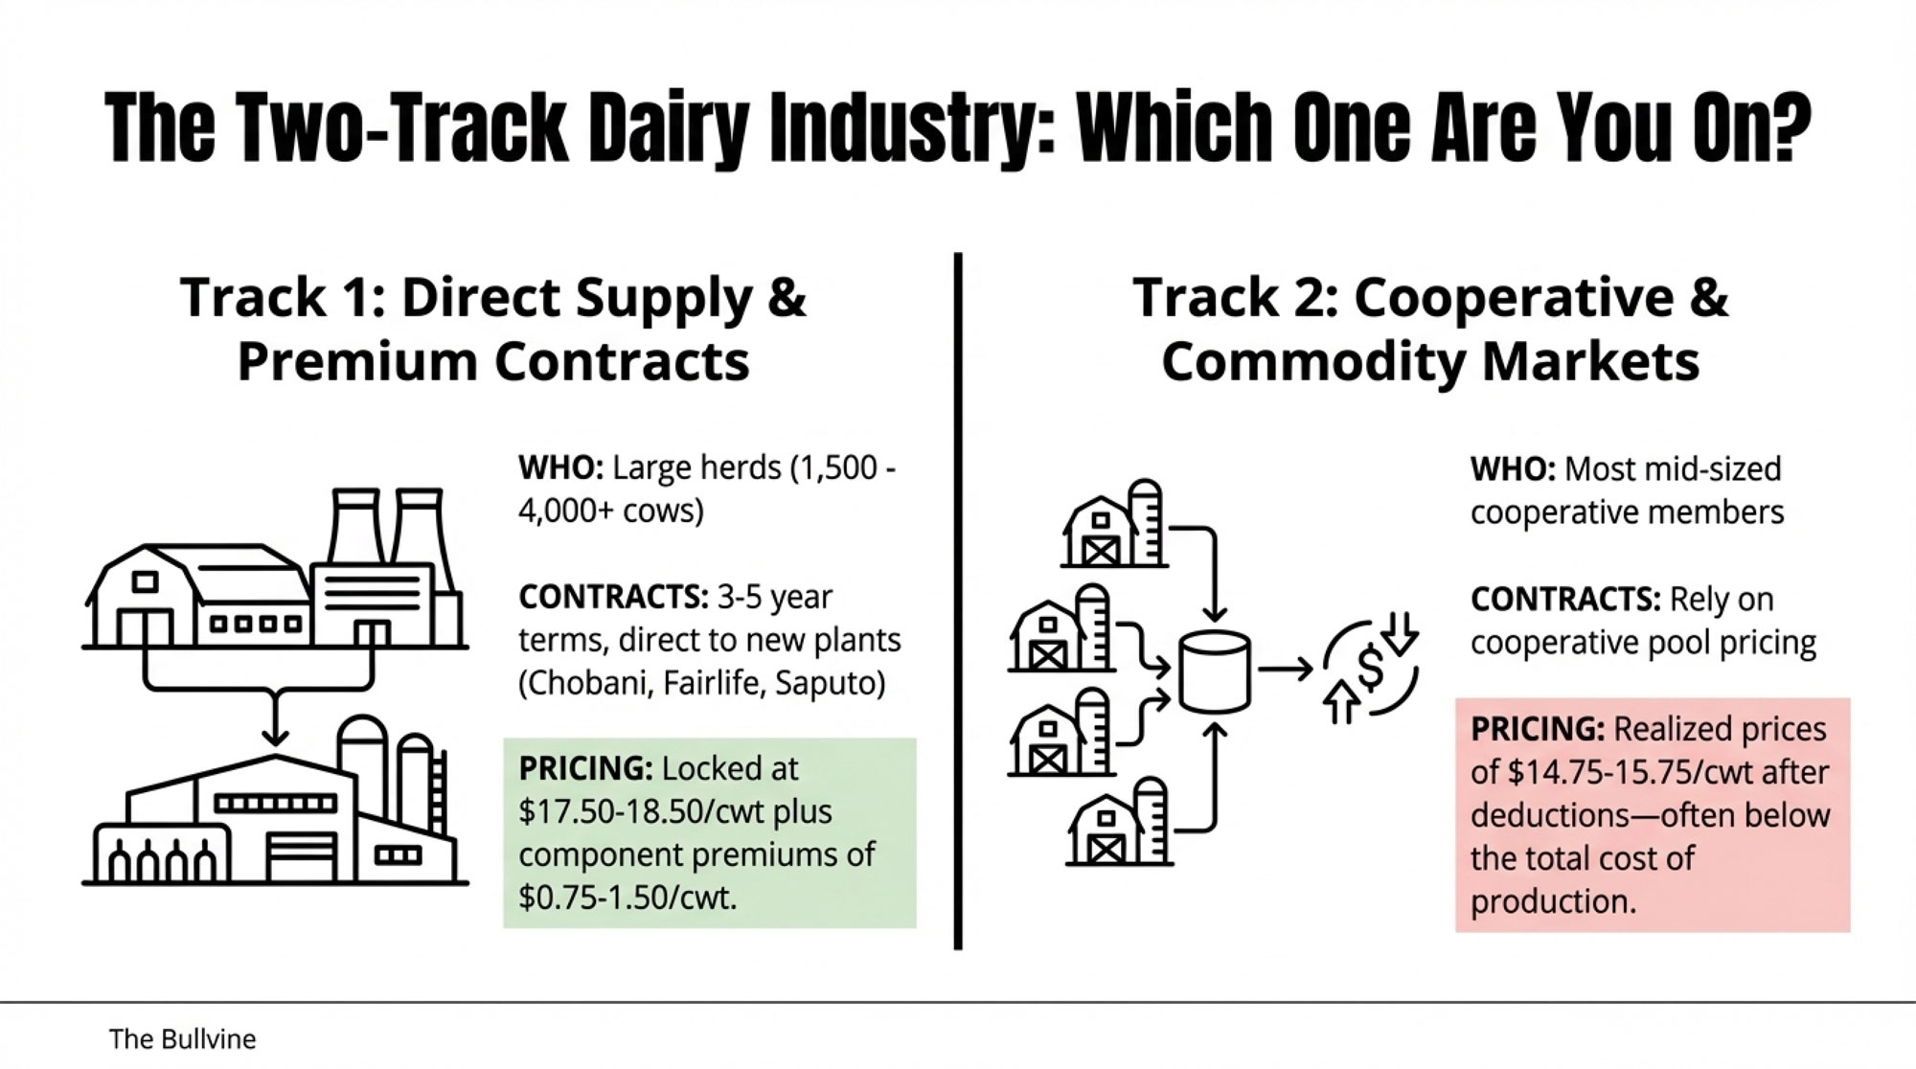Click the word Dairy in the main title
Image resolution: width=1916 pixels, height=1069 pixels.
pos(669,129)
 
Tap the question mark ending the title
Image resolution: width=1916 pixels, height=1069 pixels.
pos(1785,126)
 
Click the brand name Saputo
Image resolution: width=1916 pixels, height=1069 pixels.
pos(830,684)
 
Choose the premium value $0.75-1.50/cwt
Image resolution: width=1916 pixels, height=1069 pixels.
pos(627,898)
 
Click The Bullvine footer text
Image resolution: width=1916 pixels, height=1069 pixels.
pos(182,1038)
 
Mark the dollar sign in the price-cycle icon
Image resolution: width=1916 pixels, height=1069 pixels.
pos(1371,668)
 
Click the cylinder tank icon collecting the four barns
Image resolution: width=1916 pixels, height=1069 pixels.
pos(1214,671)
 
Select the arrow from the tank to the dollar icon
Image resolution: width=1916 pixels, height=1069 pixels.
pos(1286,670)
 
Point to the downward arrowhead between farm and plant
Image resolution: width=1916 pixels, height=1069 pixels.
pos(275,735)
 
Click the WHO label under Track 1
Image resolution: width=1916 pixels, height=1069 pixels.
pos(560,468)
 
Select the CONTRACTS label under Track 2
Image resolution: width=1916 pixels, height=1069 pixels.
pos(1565,600)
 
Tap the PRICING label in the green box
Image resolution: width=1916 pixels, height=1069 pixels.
pos(585,768)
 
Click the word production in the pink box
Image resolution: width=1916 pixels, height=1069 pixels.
pos(1553,902)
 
